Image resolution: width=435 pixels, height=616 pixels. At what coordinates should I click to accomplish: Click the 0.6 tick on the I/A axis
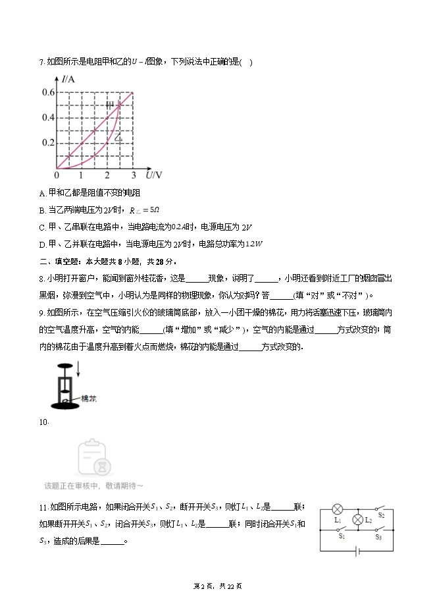pos(48,92)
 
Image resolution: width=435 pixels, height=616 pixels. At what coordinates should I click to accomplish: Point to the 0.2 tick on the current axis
pos(48,143)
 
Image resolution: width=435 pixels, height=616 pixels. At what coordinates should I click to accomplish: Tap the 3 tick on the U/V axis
pos(134,175)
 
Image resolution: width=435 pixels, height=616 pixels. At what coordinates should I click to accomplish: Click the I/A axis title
pos(68,80)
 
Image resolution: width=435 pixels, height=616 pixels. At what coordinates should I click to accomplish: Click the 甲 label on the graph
pos(110,105)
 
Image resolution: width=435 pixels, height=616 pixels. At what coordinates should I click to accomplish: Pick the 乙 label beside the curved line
pos(118,138)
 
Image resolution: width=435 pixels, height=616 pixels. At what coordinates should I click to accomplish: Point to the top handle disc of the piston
pos(64,366)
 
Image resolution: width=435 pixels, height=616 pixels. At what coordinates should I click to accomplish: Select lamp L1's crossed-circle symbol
pos(338,509)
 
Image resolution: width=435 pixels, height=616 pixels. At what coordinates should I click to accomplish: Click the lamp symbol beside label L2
pos(358,520)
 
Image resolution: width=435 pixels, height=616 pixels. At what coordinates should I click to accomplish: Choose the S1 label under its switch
pos(342,536)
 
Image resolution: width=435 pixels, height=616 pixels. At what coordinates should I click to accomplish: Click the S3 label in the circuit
pos(379,536)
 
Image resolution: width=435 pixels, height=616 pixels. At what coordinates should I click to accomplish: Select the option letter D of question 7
pos(42,243)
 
